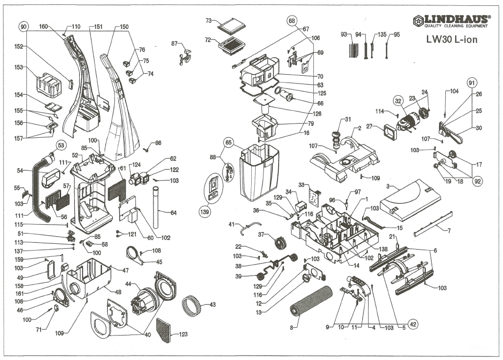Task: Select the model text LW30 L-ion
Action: pyautogui.click(x=452, y=40)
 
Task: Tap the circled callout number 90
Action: pyautogui.click(x=23, y=26)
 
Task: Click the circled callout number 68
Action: pyautogui.click(x=292, y=21)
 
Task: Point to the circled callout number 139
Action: pyautogui.click(x=205, y=212)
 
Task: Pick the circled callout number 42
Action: pyautogui.click(x=413, y=324)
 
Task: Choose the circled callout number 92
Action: pyautogui.click(x=478, y=181)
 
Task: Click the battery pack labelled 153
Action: pyautogui.click(x=48, y=85)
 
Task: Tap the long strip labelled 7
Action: pyautogui.click(x=433, y=223)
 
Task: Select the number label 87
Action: pyautogui.click(x=175, y=43)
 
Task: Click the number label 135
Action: pyautogui.click(x=382, y=34)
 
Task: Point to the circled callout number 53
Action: pyautogui.click(x=61, y=145)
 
